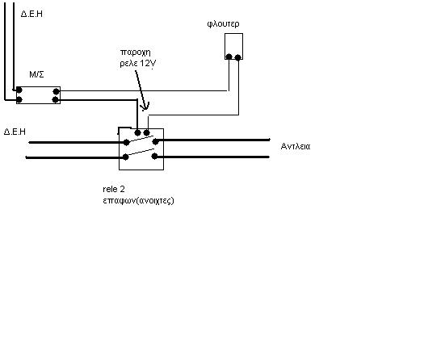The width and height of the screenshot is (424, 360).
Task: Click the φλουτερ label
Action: click(223, 24)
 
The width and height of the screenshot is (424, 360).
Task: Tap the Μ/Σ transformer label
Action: click(36, 74)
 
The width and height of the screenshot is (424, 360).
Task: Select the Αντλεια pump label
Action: click(296, 146)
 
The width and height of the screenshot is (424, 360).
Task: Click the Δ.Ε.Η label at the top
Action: click(31, 14)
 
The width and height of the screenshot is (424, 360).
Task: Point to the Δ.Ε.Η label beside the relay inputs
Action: click(15, 132)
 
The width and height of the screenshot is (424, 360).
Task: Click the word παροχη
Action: click(135, 52)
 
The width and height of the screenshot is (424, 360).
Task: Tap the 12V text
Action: click(148, 64)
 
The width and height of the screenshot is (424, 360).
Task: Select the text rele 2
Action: click(114, 189)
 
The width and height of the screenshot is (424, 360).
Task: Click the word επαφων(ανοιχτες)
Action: click(138, 201)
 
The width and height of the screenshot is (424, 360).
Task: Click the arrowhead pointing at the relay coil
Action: click(145, 107)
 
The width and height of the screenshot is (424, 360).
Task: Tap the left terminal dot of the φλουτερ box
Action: click(229, 57)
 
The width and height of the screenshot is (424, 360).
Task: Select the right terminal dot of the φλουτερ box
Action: click(238, 57)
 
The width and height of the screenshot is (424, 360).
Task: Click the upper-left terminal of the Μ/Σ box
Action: click(19, 90)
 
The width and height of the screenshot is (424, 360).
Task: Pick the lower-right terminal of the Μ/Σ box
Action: click(56, 100)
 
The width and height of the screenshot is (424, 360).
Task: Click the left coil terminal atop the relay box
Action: click(137, 132)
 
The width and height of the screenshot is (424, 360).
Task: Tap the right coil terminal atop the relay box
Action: click(146, 132)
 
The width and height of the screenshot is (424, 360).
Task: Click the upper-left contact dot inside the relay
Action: click(126, 142)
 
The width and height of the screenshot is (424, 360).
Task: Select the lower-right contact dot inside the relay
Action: click(154, 156)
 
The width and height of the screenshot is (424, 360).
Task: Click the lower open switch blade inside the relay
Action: click(141, 153)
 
